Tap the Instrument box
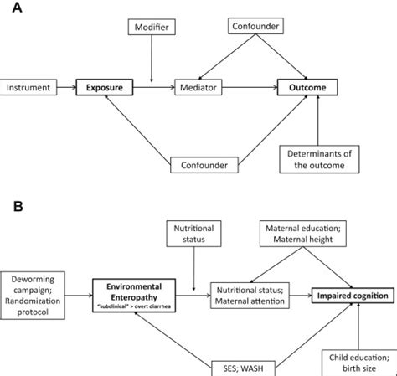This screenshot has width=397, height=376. (31, 86)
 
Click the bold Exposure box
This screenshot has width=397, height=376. (106, 86)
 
